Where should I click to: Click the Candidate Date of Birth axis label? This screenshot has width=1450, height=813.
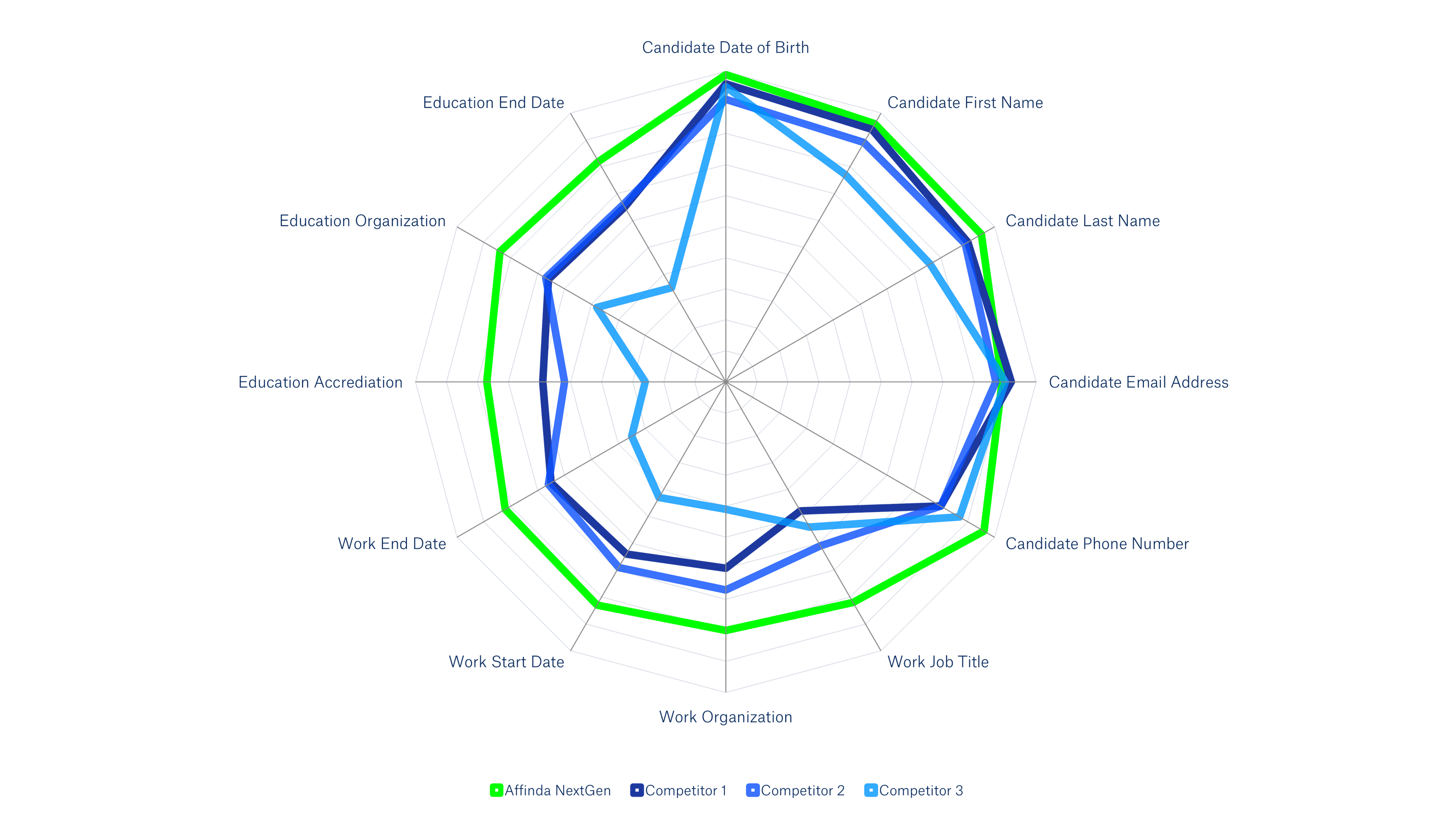point(725,47)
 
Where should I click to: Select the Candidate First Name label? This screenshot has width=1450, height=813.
point(965,102)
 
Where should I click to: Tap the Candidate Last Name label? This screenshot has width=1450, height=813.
point(1083,221)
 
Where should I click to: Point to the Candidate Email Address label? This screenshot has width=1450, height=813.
point(1138,382)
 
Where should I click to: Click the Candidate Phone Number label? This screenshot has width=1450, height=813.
point(1097,544)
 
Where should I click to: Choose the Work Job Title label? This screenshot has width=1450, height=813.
point(938,662)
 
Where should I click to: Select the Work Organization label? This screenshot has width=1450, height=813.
point(725,717)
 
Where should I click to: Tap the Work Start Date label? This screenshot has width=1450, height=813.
point(507,662)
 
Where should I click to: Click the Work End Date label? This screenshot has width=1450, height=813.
point(392,544)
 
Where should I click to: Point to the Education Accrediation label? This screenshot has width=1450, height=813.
point(321,382)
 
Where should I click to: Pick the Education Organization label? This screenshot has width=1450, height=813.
point(362,221)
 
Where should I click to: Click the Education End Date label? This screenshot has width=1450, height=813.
point(493,102)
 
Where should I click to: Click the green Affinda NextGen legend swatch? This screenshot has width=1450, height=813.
point(496,790)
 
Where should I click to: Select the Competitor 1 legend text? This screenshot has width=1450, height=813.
point(686,790)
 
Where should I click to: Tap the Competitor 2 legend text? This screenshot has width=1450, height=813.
point(802,790)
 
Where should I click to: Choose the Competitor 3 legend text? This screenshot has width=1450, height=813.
point(921,790)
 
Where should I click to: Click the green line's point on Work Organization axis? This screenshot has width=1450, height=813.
point(725,629)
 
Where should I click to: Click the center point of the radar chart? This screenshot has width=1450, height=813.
point(725,382)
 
